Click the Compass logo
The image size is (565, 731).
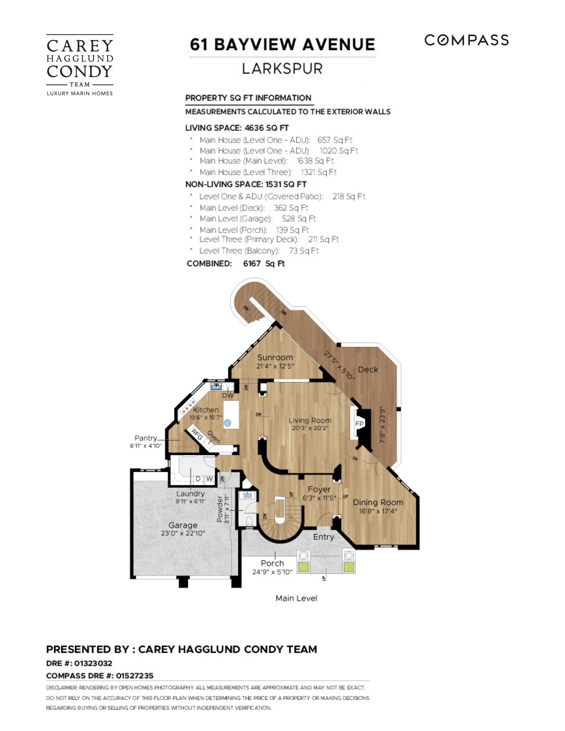(x=466, y=40)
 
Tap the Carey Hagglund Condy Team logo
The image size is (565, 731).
(x=80, y=65)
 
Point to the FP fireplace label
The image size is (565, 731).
(x=359, y=424)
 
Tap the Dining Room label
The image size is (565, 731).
(x=378, y=502)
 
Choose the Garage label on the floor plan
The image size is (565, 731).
(x=183, y=525)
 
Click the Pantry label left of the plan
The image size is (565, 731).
(x=146, y=438)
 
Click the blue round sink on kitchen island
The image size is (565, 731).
(x=228, y=423)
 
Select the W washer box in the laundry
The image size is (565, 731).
(x=209, y=479)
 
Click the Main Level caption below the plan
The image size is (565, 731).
(x=296, y=598)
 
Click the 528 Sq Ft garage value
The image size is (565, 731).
(x=299, y=219)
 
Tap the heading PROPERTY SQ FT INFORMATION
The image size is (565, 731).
(x=248, y=98)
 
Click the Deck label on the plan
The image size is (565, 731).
(x=368, y=369)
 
